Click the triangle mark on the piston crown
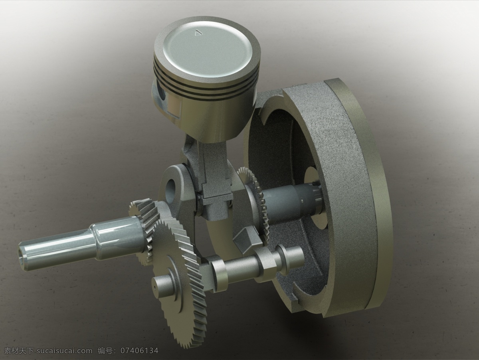tap(198, 32)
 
